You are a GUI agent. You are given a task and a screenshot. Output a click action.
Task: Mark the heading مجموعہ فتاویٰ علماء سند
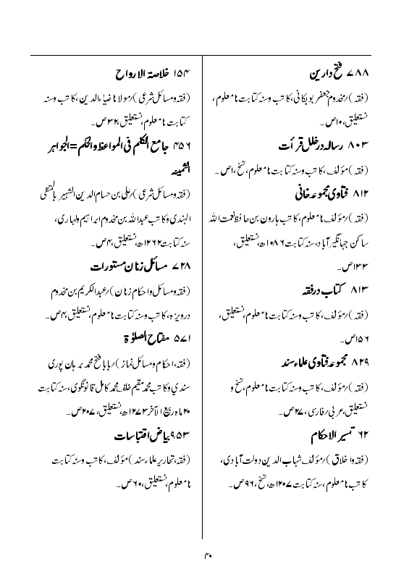click(x=318, y=360)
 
